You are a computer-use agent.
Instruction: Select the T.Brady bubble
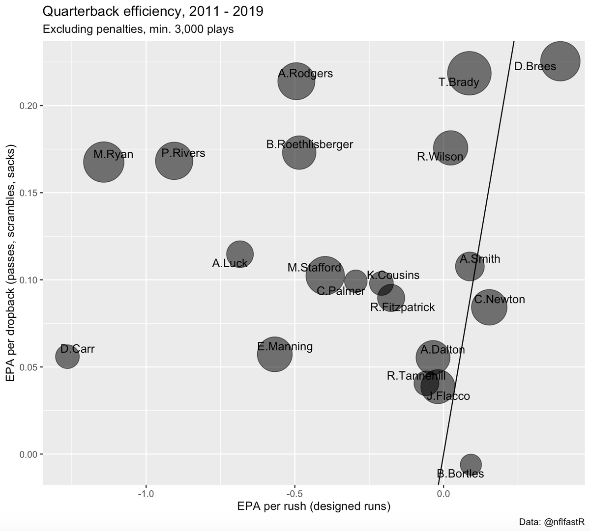(470, 73)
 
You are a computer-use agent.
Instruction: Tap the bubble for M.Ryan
(103, 162)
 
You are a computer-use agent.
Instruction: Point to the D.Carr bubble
(67, 356)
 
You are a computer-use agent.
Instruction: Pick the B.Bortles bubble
(471, 464)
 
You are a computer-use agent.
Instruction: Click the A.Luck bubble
(239, 254)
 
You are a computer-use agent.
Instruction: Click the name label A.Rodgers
(305, 74)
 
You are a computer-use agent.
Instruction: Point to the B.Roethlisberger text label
(310, 144)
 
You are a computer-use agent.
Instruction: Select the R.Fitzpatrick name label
(402, 307)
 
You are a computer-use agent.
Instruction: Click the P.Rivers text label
(183, 153)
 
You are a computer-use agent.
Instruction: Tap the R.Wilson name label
(440, 157)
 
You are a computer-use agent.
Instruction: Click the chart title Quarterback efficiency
(153, 11)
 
